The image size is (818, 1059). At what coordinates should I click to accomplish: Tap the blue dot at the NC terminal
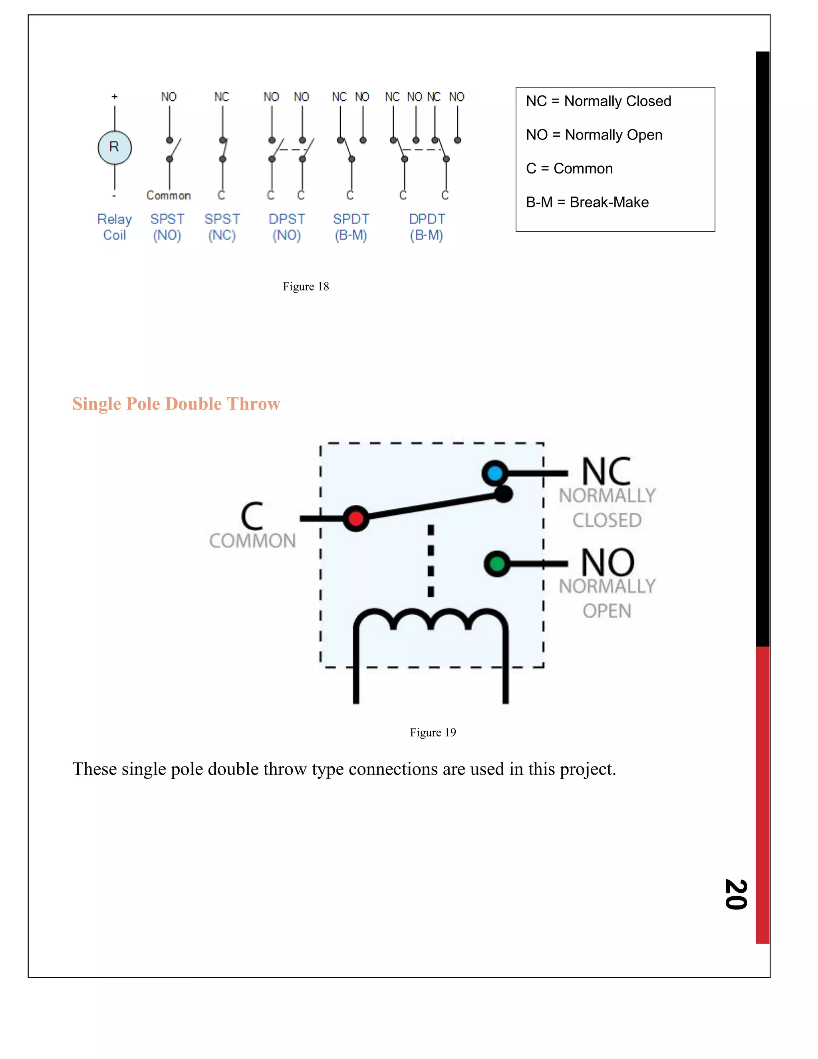pos(495,473)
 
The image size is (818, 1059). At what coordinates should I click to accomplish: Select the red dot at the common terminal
pos(356,518)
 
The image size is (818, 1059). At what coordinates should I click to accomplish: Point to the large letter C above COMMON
pos(252,516)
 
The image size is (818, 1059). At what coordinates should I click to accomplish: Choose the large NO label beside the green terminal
pos(608,563)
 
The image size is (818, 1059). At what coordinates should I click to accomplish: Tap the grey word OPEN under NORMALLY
pos(607,611)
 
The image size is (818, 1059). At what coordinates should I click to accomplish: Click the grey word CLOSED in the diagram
pos(607,520)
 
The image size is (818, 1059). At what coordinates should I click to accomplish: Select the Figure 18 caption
pos(306,287)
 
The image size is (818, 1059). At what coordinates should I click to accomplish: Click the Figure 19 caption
pos(433,732)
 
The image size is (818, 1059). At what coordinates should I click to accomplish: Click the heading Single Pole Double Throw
pos(177,404)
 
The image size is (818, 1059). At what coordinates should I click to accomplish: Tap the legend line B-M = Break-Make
pos(587,202)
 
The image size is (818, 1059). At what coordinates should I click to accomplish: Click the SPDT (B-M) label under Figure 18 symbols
pos(351,227)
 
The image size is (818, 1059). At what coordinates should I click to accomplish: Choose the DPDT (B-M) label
pos(427,227)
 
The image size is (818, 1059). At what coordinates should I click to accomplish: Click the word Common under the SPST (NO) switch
pos(169,195)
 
